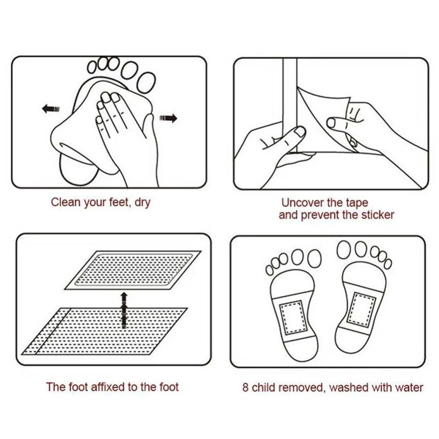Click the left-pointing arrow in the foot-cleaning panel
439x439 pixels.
50,108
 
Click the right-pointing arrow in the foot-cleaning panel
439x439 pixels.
168,118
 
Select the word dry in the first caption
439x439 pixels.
143,203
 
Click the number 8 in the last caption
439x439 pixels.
245,388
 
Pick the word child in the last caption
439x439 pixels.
263,388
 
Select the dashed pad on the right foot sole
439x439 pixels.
361,309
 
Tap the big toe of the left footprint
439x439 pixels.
314,258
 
